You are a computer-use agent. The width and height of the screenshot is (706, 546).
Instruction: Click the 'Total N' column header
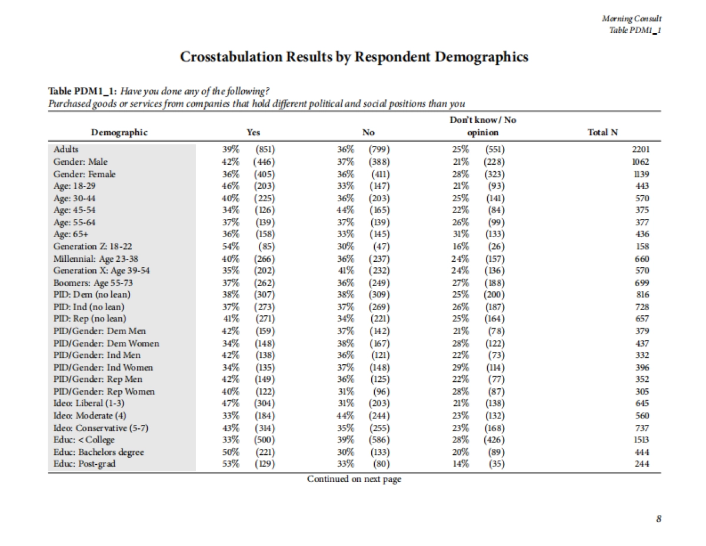pos(602,132)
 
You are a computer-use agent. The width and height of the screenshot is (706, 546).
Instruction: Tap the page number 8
pos(659,518)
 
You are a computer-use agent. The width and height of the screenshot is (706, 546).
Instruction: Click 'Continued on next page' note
pos(354,479)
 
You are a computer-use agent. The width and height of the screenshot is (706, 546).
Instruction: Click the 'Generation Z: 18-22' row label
pos(91,247)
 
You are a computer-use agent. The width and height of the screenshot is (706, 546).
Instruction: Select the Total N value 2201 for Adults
pos(640,149)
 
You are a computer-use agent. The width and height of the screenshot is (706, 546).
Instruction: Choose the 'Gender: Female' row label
pos(85,174)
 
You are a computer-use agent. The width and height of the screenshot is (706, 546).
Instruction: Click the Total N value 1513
pos(640,440)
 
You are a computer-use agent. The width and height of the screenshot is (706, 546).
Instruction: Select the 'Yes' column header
pos(254,132)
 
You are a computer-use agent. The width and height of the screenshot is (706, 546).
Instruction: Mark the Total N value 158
pos(642,247)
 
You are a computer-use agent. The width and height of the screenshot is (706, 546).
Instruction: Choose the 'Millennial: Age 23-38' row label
pos(96,258)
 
